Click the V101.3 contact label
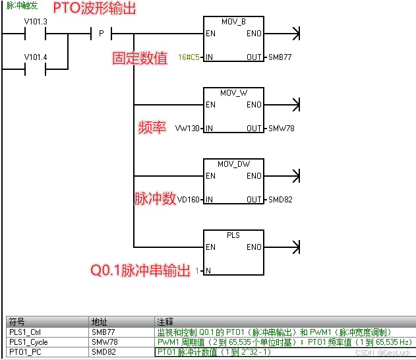coord(36,22)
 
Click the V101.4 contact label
coord(36,57)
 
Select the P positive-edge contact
coord(102,33)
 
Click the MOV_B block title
coord(233,22)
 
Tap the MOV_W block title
coord(233,93)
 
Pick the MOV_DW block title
coord(233,164)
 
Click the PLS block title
coord(233,235)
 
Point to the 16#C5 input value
coord(189,57)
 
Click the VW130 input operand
coord(187,129)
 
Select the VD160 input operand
coord(187,200)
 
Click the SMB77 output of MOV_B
coord(280,57)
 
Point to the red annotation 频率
coord(152,127)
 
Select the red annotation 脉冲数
coord(156,198)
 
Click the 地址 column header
coord(99,322)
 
